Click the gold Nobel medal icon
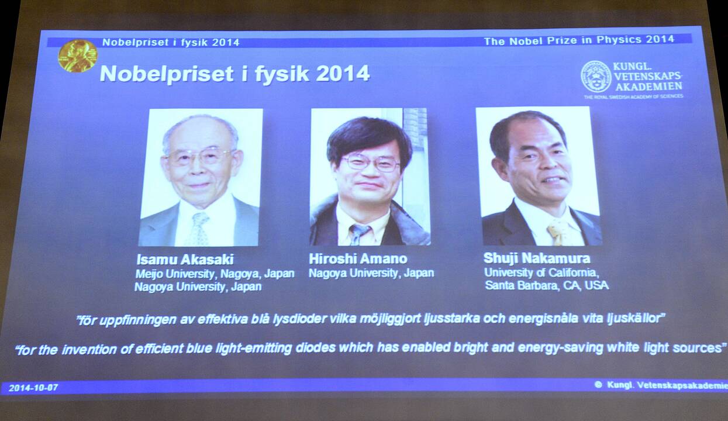click(x=78, y=56)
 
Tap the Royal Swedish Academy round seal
click(x=596, y=75)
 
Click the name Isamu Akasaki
click(x=185, y=260)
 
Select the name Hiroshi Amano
click(x=358, y=259)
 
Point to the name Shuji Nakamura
click(x=537, y=258)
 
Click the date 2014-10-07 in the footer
click(x=33, y=388)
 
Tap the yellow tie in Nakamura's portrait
click(x=556, y=233)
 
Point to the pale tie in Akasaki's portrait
click(x=198, y=229)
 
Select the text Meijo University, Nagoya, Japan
click(x=215, y=274)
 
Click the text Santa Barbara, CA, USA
click(x=547, y=285)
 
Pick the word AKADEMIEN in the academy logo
click(x=648, y=87)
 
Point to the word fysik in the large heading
click(x=281, y=74)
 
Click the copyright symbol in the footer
click(x=598, y=385)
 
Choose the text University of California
click(x=540, y=272)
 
